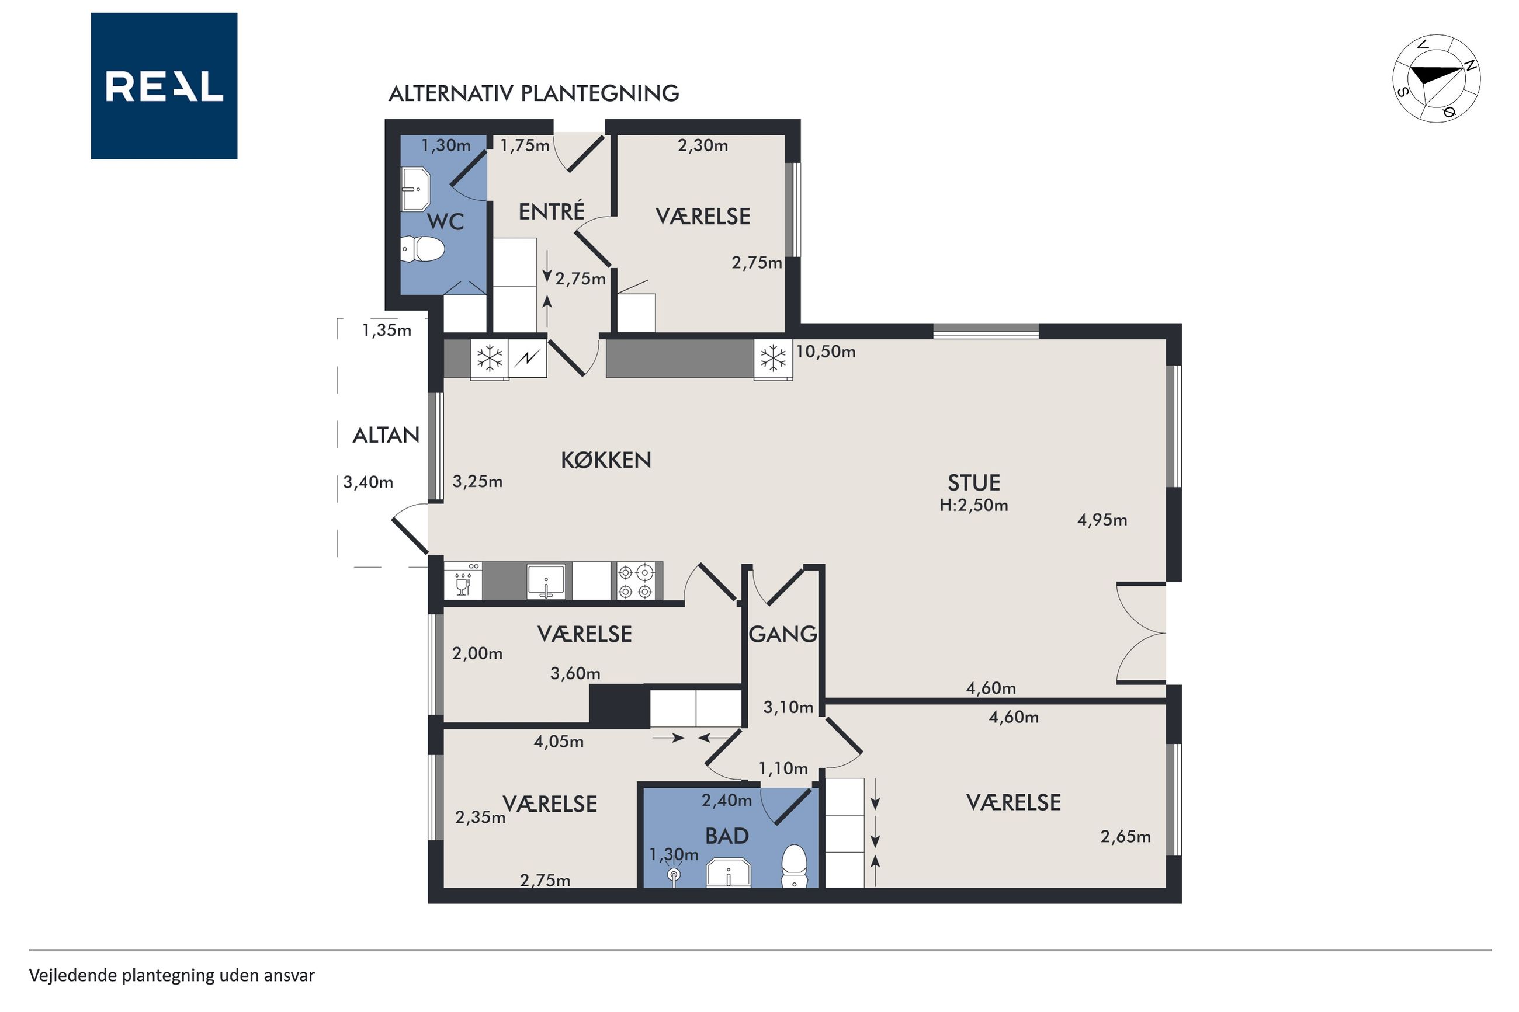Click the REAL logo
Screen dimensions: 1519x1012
click(164, 86)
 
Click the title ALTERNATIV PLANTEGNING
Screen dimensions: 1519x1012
click(533, 93)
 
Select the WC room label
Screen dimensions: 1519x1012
click(445, 222)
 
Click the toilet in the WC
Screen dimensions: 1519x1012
click(423, 249)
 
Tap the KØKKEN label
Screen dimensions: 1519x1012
click(605, 460)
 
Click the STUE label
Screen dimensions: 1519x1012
click(973, 483)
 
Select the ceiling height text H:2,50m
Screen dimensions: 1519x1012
click(973, 505)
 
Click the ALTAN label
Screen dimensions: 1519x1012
click(386, 436)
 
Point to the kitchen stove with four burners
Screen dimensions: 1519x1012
click(635, 581)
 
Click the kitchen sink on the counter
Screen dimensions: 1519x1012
click(546, 581)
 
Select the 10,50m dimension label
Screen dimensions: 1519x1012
click(826, 352)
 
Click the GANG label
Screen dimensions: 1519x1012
click(782, 634)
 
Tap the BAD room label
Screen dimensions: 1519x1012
click(727, 836)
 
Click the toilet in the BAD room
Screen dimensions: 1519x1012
click(795, 866)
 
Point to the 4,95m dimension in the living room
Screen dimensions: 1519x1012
click(1102, 520)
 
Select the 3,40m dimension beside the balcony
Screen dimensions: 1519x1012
click(368, 483)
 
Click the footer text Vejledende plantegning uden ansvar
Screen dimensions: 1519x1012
click(172, 976)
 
